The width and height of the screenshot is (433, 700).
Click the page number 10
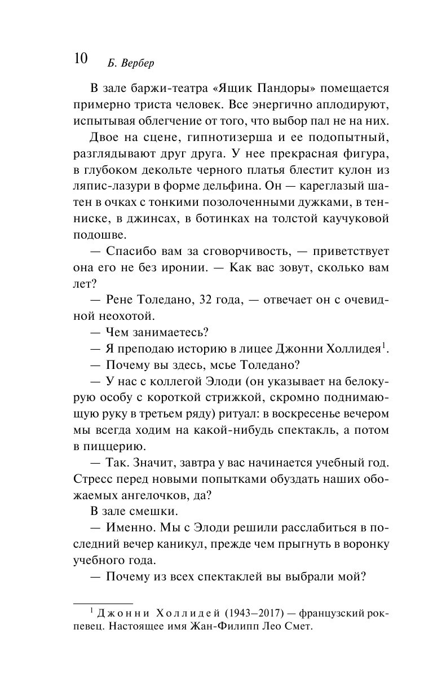80,59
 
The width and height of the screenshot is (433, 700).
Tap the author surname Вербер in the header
135,62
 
